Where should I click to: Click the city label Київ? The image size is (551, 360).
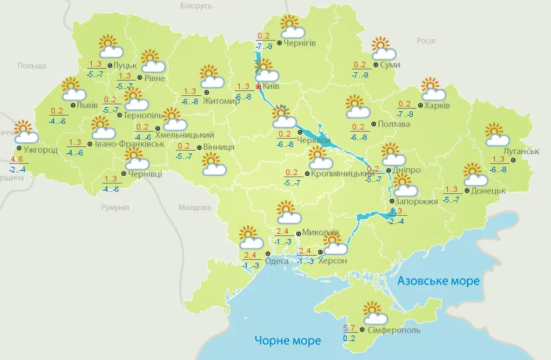point(272,86)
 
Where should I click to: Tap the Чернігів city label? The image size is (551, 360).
point(300,43)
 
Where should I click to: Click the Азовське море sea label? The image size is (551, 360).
point(438,281)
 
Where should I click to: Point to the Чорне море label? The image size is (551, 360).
point(287,341)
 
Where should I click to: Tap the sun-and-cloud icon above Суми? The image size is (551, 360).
point(383,48)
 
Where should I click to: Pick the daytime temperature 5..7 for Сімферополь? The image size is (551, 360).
point(349,328)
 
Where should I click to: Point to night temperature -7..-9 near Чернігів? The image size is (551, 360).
point(264,46)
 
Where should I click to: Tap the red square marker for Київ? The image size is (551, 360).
point(258,86)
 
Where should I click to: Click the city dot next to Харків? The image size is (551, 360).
point(419,106)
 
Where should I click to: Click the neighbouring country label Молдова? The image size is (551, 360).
point(194,208)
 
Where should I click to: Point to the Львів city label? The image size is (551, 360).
point(87,105)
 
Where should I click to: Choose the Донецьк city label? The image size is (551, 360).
point(489,190)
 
